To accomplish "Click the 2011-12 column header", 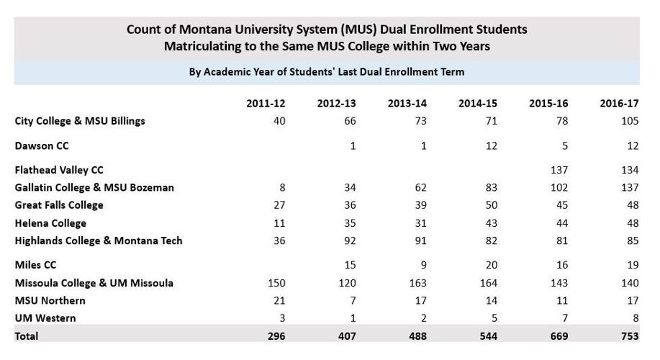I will (x=266, y=103).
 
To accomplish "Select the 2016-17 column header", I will (x=619, y=103).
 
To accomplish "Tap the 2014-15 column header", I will (x=478, y=103).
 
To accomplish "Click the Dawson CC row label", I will (x=42, y=146).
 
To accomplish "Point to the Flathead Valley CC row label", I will (x=59, y=170).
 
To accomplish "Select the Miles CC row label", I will (x=35, y=266).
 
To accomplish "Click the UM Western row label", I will (x=45, y=318).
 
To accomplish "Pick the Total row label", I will (x=27, y=336).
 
